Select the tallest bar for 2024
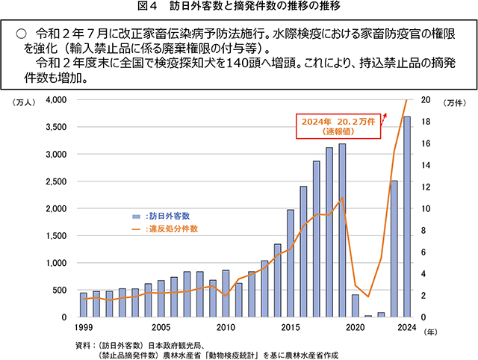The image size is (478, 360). point(407,217)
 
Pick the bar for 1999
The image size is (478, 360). point(84,305)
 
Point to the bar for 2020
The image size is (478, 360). point(355,305)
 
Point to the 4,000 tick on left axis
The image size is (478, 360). point(57,99)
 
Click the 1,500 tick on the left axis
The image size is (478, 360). point(57,235)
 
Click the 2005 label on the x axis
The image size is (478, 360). point(161,327)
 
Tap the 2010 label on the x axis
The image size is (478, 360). point(226,327)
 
